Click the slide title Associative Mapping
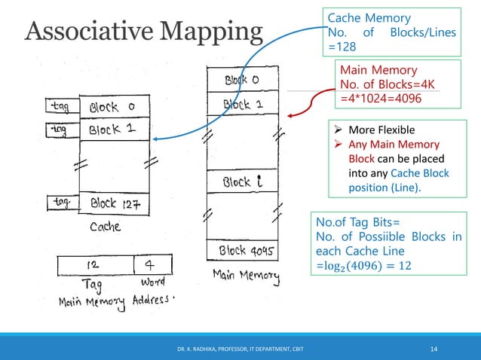click(x=143, y=32)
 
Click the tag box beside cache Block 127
click(x=62, y=202)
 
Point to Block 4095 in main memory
click(x=243, y=250)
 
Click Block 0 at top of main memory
click(x=242, y=79)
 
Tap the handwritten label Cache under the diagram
click(x=106, y=225)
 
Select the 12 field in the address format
click(x=94, y=265)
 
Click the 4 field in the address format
click(x=149, y=265)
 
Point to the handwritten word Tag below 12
click(x=90, y=286)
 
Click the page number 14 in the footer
click(x=434, y=348)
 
